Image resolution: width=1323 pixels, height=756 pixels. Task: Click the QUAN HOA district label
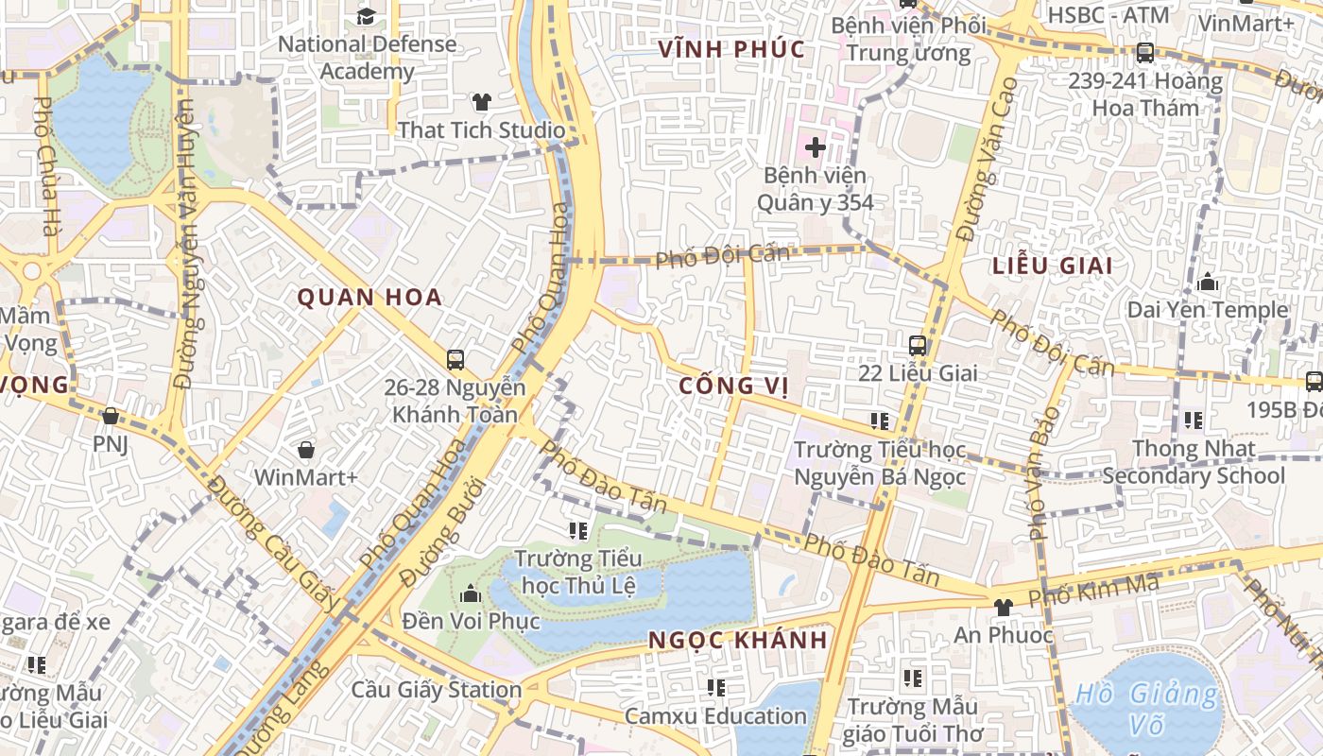369,298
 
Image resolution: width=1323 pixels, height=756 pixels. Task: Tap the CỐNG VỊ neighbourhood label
733,386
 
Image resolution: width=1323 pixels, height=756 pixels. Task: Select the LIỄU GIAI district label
1052,266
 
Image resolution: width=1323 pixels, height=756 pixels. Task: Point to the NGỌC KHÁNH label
738,640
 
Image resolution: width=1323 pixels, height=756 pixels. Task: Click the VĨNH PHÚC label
732,49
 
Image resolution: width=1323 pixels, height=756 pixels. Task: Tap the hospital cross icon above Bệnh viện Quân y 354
815,147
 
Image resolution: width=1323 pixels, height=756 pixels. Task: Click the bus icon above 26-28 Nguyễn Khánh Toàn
455,359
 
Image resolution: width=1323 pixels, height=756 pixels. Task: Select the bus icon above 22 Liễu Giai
917,345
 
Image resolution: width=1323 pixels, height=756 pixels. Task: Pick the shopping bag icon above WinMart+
305,449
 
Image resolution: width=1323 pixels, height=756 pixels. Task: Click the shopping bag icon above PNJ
111,416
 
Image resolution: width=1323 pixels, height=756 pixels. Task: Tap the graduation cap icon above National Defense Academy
366,16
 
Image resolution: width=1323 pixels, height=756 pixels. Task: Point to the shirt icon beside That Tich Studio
482,102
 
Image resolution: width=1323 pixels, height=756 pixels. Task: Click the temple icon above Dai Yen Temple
1207,282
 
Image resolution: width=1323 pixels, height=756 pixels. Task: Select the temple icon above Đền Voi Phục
470,593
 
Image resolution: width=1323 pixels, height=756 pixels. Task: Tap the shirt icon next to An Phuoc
1003,607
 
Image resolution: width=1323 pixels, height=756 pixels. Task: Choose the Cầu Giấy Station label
436,690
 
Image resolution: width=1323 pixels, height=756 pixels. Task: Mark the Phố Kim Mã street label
1092,592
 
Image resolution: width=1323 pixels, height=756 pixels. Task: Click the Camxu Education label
715,715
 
